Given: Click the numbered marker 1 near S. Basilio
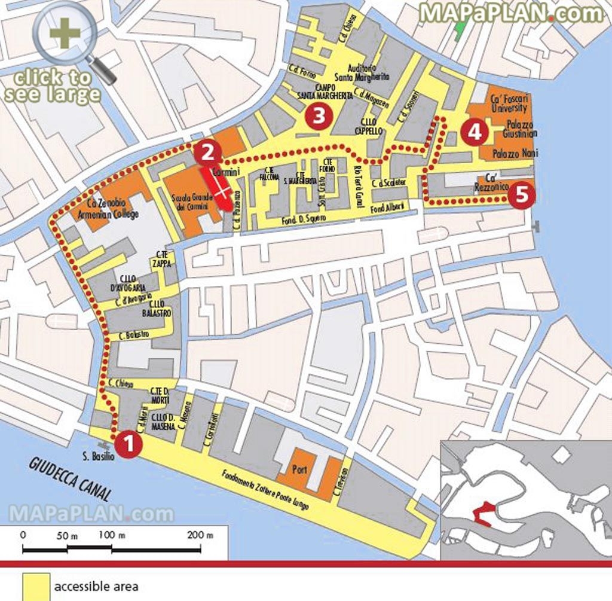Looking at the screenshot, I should (x=128, y=444).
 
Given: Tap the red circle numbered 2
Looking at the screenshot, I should (x=207, y=152).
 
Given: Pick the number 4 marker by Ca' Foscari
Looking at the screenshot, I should (x=475, y=132).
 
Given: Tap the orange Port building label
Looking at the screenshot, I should (x=299, y=470).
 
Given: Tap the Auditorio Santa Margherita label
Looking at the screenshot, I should (x=362, y=73).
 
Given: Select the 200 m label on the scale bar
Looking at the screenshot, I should (x=200, y=535).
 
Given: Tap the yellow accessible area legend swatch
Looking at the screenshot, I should (x=36, y=586).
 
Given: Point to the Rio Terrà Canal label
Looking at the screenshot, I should (x=359, y=187).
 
